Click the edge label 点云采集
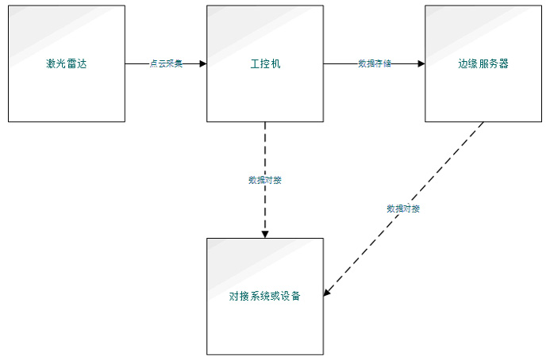coord(166,63)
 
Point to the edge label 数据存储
coord(375,63)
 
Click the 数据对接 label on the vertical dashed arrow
coord(265,180)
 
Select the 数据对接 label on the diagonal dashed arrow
coord(403,209)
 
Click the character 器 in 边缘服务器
coord(504,63)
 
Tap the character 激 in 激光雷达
coord(51,63)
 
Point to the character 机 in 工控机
coord(275,63)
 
